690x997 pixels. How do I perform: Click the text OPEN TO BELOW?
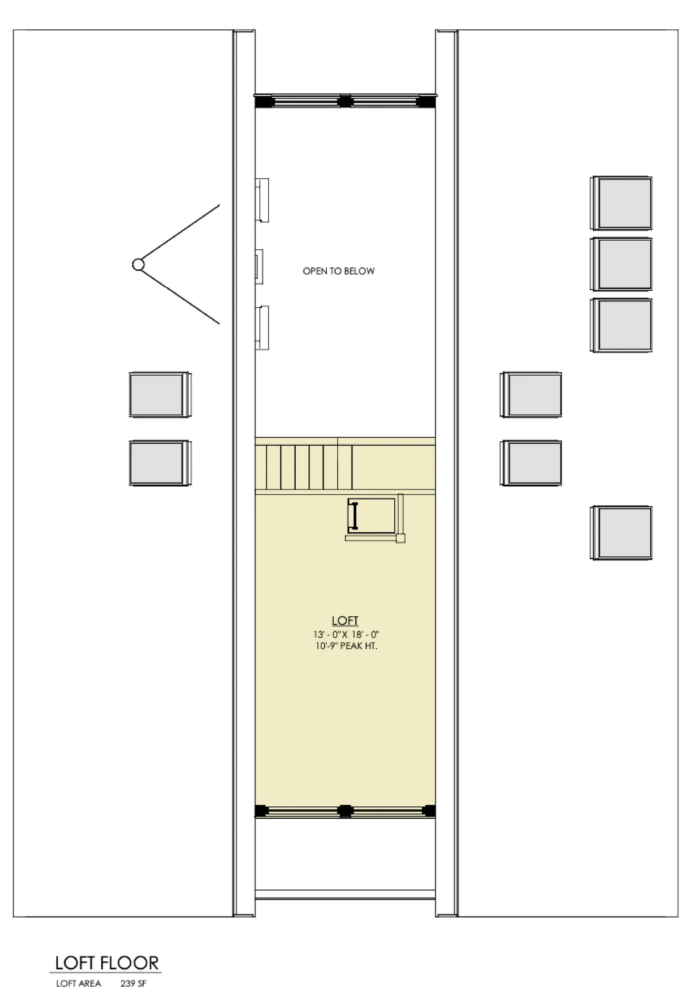pos(338,271)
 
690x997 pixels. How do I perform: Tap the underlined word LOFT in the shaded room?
pos(345,621)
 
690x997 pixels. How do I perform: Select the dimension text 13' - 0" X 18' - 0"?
pos(346,635)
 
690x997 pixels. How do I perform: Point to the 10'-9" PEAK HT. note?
pos(346,646)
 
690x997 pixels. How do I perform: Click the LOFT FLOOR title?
pos(107,963)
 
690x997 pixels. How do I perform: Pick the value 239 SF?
pos(133,984)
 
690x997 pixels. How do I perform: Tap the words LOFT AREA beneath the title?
pos(78,984)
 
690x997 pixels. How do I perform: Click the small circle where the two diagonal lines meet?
pos(138,265)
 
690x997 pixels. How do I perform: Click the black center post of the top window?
pos(345,101)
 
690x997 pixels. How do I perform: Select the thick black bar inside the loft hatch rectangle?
pos(355,516)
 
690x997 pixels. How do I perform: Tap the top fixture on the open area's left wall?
pos(263,200)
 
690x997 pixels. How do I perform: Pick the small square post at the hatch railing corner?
pos(401,538)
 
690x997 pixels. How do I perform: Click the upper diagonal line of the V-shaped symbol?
pos(179,234)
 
